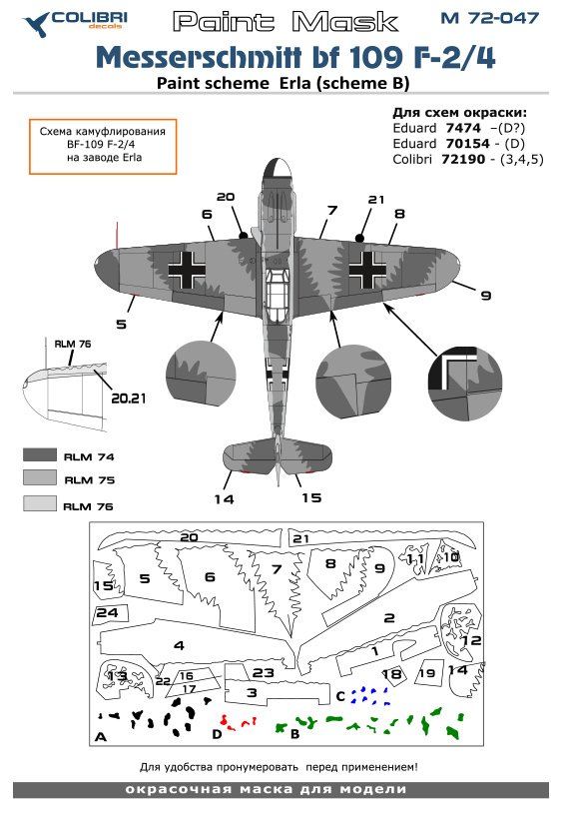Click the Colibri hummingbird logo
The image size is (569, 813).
(x=35, y=24)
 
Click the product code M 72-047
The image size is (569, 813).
(x=490, y=18)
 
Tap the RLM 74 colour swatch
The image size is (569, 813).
(x=40, y=454)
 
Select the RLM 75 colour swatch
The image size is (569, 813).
(x=40, y=477)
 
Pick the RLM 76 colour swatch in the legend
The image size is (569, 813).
(x=40, y=503)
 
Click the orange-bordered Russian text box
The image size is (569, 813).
(x=103, y=147)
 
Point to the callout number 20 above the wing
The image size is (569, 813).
(x=226, y=197)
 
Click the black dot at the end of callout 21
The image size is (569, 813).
(x=359, y=238)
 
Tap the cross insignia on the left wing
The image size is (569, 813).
(x=187, y=270)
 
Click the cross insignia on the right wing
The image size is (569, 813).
(x=367, y=270)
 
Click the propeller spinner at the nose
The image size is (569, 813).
(x=277, y=170)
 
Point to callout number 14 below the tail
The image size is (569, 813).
(x=224, y=499)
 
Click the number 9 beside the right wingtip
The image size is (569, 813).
(x=485, y=296)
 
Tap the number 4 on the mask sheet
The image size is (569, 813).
(x=179, y=645)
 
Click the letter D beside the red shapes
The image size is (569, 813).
(x=218, y=734)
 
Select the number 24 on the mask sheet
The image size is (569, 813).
(x=107, y=613)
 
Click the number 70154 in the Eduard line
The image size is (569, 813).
(x=467, y=144)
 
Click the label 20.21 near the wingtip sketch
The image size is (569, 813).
(x=129, y=399)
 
